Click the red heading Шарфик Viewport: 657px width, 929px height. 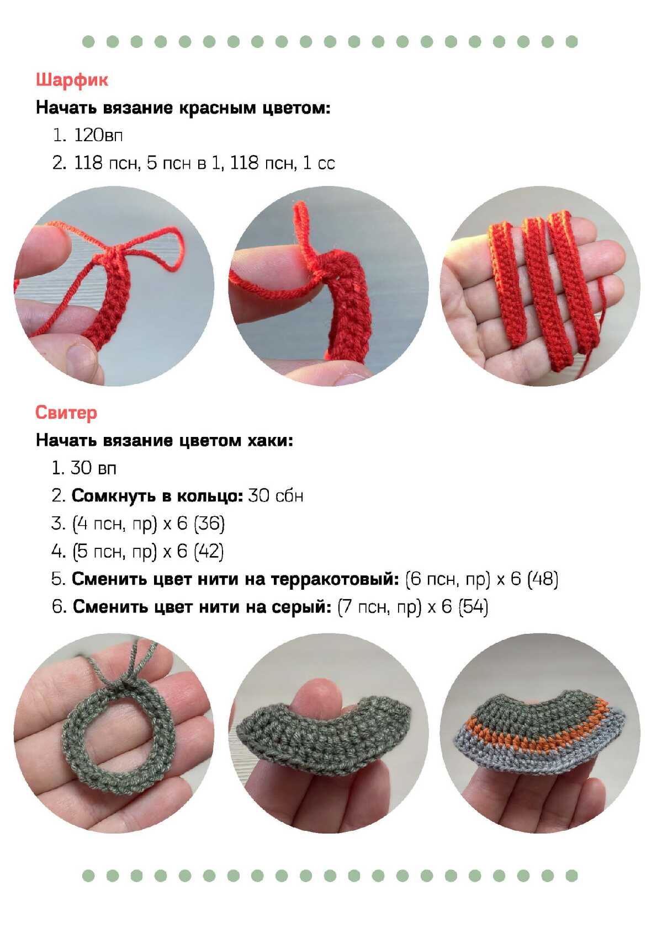click(72, 79)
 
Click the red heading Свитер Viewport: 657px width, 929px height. click(66, 412)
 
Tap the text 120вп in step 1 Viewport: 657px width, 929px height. click(98, 135)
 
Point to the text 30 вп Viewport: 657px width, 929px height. click(93, 468)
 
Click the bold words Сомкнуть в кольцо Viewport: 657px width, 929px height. click(157, 495)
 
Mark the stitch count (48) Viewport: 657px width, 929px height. click(543, 579)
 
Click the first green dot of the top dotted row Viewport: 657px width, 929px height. click(88, 41)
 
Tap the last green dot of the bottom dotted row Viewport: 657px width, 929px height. click(571, 875)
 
